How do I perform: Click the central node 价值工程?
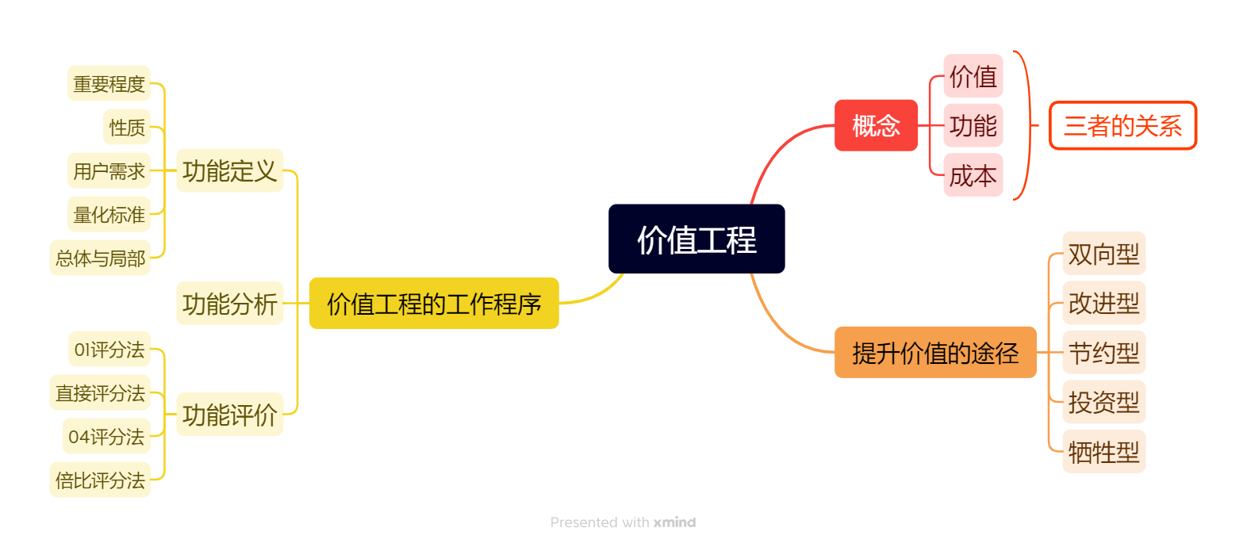tap(696, 239)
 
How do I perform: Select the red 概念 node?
tap(876, 125)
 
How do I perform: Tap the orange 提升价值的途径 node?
tap(935, 353)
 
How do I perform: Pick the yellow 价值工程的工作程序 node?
tap(434, 304)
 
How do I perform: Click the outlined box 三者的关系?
tap(1122, 125)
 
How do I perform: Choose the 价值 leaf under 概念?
tap(973, 76)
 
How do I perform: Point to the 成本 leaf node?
tap(973, 175)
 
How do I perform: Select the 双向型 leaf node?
tap(1103, 254)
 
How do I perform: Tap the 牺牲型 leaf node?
tap(1103, 452)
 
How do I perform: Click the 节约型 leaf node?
tap(1103, 353)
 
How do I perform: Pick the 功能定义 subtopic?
tap(229, 170)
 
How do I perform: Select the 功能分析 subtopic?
tap(229, 304)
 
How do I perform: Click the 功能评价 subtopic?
tap(229, 414)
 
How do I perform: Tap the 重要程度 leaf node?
tap(109, 83)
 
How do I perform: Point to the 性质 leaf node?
tap(127, 127)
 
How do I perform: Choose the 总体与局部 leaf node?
tap(100, 258)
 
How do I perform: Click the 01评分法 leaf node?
tap(109, 349)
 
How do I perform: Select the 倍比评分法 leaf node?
tap(100, 480)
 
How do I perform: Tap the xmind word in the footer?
tap(674, 522)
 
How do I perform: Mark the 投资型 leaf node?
tap(1103, 403)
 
